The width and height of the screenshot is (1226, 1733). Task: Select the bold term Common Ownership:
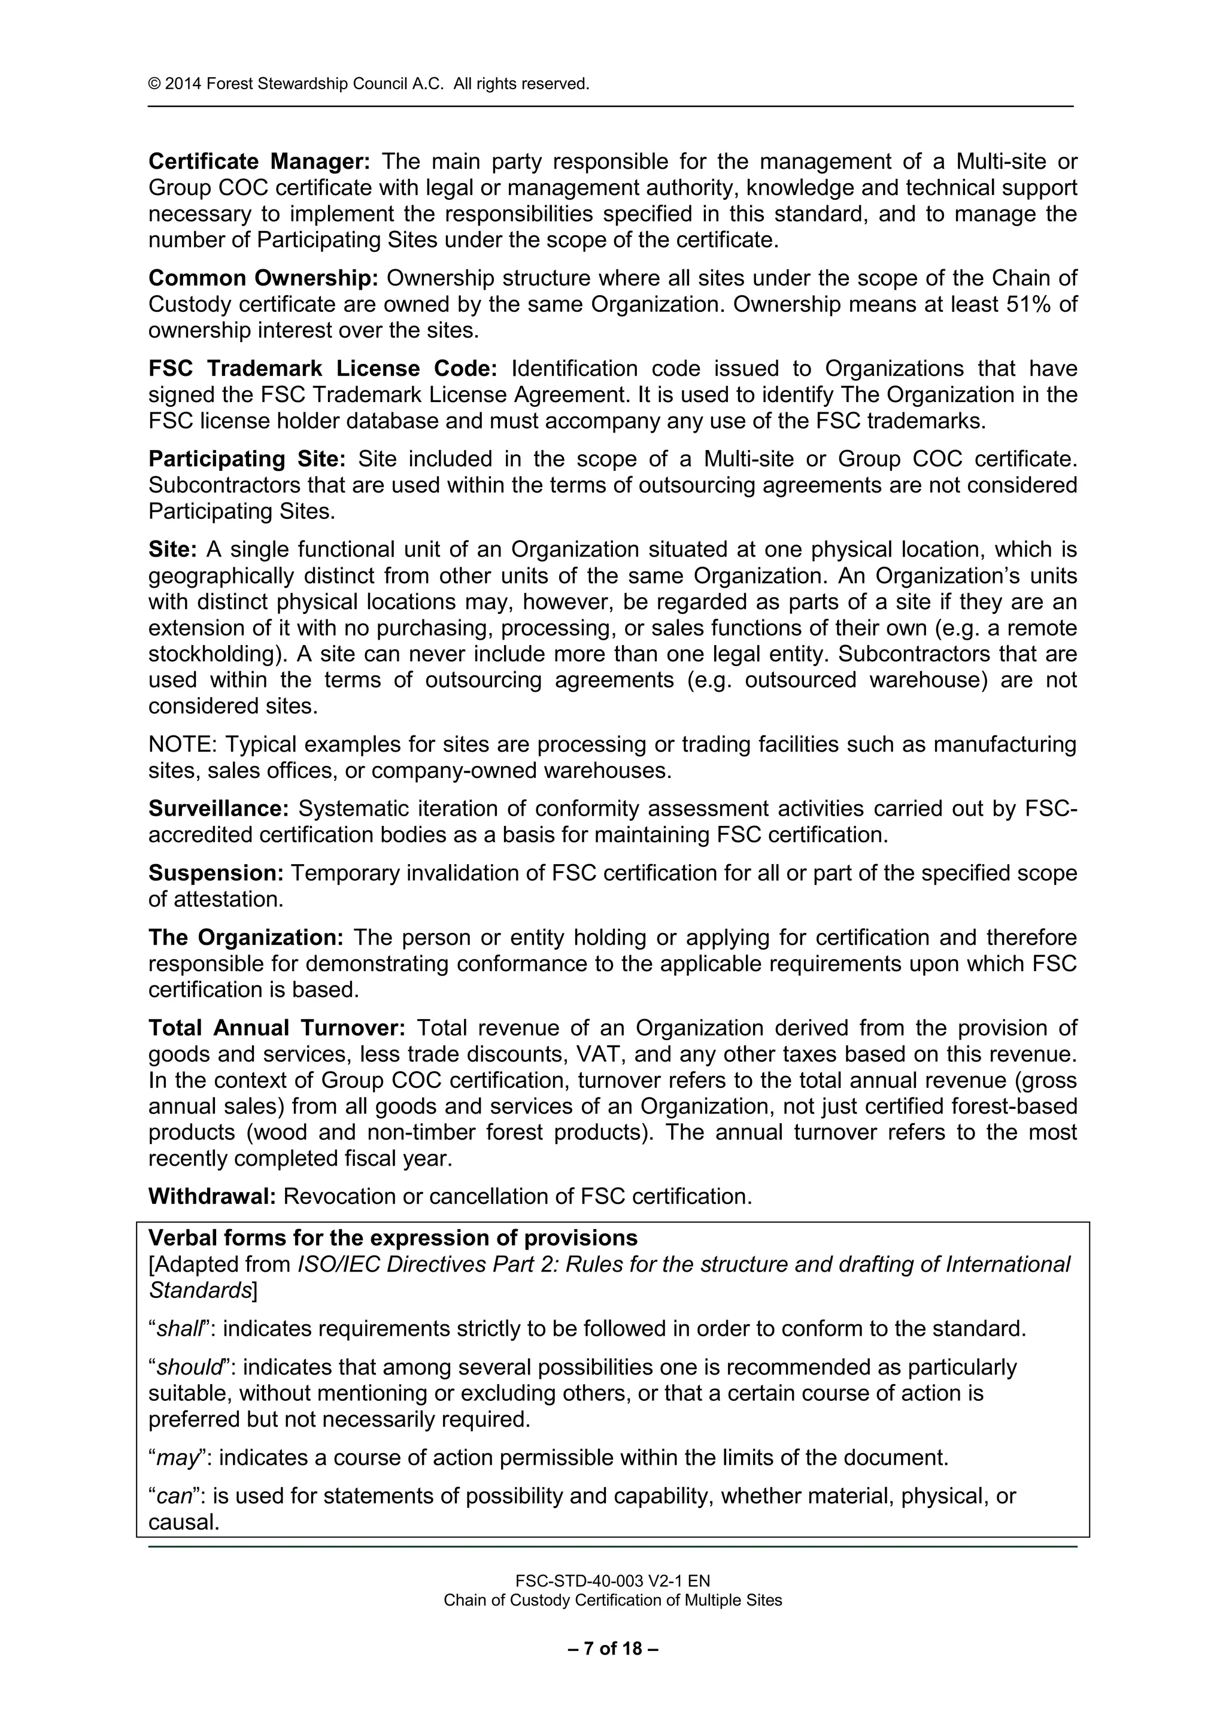click(263, 278)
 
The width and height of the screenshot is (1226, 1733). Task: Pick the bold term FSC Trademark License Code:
click(322, 369)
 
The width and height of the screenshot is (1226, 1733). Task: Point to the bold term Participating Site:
click(247, 459)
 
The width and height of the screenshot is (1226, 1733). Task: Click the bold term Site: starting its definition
click(172, 549)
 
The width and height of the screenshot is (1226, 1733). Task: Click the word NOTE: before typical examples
click(182, 745)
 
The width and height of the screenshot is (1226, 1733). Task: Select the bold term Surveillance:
click(218, 809)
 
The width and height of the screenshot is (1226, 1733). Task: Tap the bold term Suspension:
click(215, 873)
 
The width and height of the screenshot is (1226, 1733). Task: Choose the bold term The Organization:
click(245, 938)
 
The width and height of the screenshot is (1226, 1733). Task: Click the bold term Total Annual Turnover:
click(277, 1028)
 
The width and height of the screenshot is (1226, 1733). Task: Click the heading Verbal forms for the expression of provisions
click(393, 1239)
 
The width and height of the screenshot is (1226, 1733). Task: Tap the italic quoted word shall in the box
click(180, 1328)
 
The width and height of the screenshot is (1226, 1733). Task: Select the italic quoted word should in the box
click(190, 1368)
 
